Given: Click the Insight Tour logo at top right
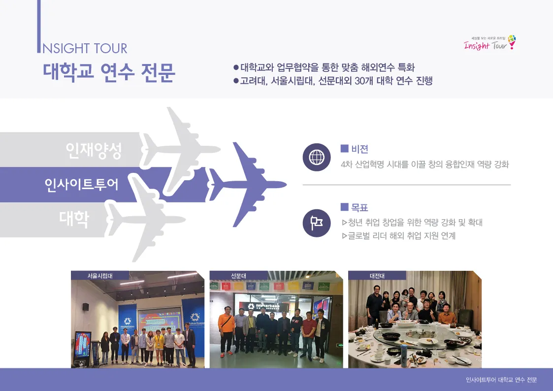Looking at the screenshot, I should tap(490, 43).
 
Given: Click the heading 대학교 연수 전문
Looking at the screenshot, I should tap(109, 72).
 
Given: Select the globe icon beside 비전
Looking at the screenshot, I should tap(316, 157).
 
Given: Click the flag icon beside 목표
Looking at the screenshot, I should tap(316, 223).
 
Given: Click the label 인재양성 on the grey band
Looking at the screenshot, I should tap(94, 150).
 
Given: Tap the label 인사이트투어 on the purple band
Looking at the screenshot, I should tap(82, 185).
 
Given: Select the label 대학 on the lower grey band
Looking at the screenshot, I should tap(74, 219).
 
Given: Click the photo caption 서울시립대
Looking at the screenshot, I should tap(100, 276).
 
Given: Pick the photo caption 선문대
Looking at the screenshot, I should tap(238, 276).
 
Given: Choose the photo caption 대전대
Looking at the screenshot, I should tap(377, 276).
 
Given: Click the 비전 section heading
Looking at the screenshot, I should tap(359, 149).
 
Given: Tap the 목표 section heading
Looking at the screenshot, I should tap(359, 207).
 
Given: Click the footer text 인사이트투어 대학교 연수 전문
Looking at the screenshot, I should tap(501, 380).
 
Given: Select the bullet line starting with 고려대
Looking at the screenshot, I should tap(335, 81).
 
